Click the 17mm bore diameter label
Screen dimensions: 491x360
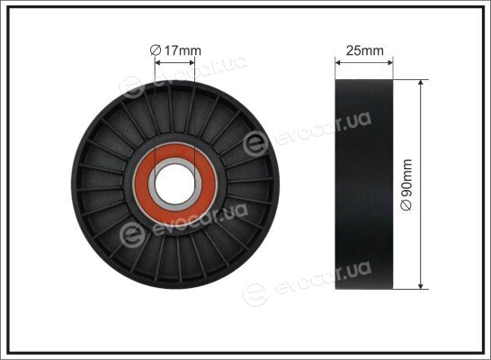tap(175, 50)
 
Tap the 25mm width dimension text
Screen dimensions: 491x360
tap(364, 50)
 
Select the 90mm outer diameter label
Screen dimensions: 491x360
tap(407, 184)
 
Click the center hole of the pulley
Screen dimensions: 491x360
tap(175, 184)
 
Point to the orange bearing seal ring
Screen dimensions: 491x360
tap(175, 184)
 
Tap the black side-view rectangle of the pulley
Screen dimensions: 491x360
tap(364, 184)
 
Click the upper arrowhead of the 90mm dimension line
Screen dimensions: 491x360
tap(421, 82)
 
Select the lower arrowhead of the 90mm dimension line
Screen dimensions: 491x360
tap(421, 286)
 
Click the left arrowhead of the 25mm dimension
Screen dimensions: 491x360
tap(338, 63)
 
